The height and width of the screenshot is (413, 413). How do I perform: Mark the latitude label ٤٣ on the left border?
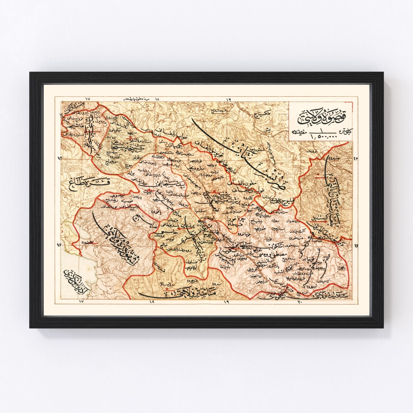point(59,158)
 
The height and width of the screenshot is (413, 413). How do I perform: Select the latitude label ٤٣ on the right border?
point(355,158)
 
